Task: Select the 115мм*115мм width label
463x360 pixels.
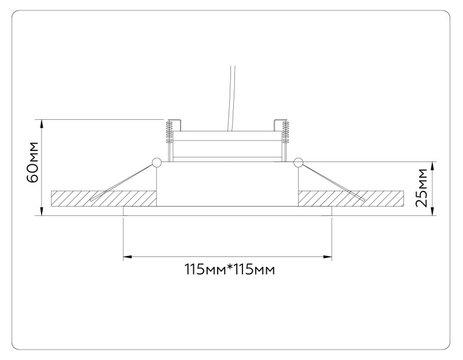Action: [229, 269]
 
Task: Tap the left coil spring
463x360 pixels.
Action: [170, 131]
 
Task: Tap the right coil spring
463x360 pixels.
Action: [284, 131]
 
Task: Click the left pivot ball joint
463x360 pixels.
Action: [156, 163]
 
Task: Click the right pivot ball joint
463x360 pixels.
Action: [298, 163]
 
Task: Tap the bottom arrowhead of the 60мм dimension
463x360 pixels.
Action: [42, 212]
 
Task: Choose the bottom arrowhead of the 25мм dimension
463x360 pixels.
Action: [433, 212]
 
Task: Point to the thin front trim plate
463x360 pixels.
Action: [227, 211]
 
